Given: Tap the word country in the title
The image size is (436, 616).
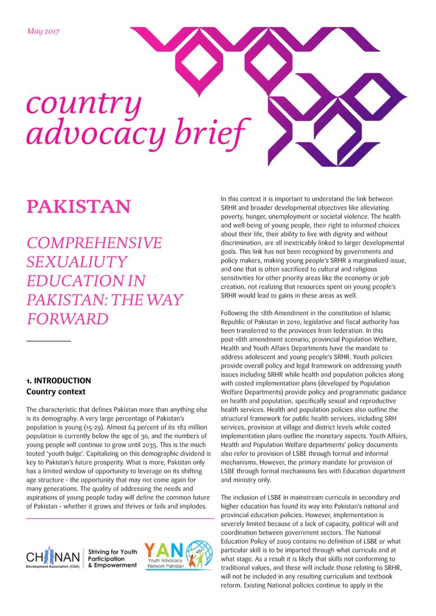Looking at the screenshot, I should point(83,103).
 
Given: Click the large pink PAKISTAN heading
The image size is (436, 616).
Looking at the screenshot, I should point(78,206).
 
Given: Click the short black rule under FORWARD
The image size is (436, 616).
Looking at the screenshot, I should point(49,341).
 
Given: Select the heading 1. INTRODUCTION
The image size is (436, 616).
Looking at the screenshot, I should point(58,381).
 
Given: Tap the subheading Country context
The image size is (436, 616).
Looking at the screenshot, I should point(56,392).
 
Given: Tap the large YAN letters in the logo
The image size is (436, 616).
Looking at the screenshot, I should point(164,551).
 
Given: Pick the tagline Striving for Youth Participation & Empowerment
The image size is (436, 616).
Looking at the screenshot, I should point(113,559).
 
